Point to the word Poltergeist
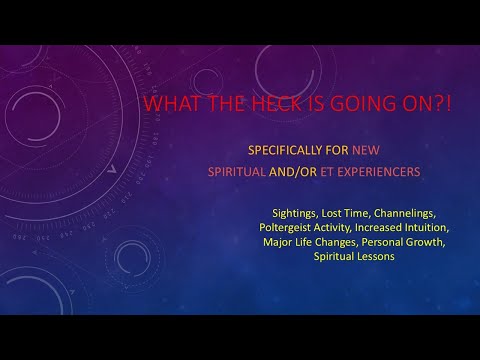[290, 227]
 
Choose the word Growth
[427, 241]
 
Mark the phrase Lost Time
[342, 213]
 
